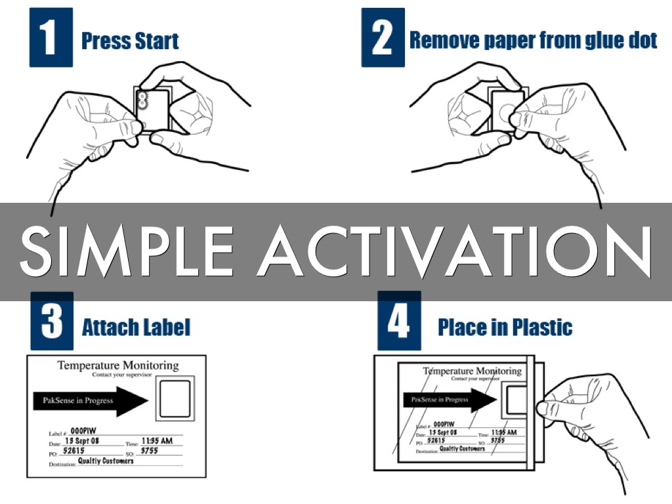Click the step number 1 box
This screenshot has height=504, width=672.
pos(51,37)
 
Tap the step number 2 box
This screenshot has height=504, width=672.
pos(382,37)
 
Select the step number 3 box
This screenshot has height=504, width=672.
pos(52,322)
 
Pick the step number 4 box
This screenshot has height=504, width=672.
pos(399,322)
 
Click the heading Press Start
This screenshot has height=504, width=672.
pos(130,41)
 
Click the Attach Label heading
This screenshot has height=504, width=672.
pos(136,327)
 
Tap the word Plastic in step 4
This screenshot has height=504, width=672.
pos(539,327)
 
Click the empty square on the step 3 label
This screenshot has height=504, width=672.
pos(175,398)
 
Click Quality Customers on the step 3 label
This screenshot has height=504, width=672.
pos(106,461)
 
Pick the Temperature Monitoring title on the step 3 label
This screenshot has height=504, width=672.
pos(118,366)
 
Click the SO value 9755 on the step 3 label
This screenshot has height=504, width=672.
pos(149,451)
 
